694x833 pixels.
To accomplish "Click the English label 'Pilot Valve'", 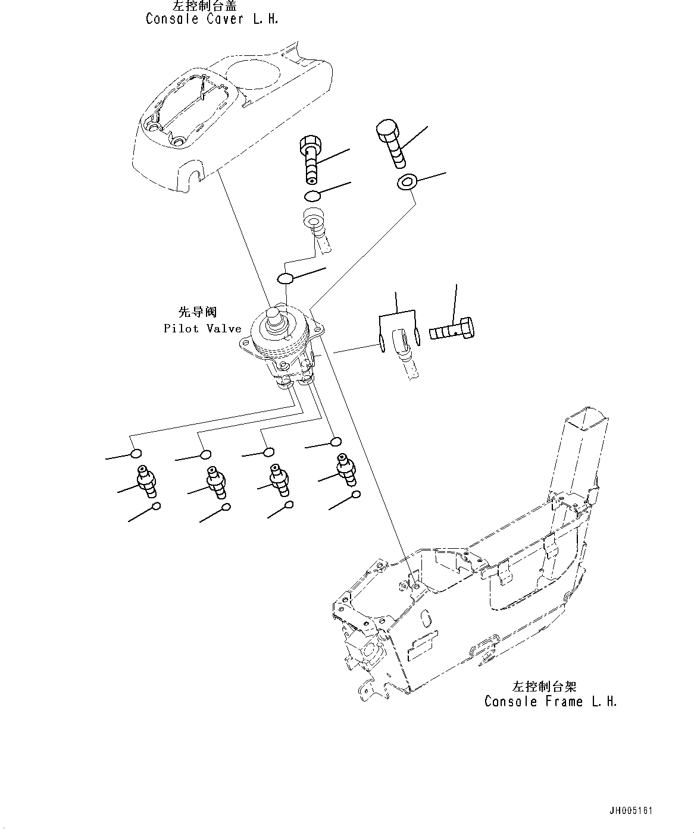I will pos(202,329).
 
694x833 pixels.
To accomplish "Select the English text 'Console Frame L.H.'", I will pos(551,702).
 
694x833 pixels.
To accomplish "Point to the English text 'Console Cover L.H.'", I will pos(212,19).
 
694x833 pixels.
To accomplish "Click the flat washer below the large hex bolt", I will pos(407,183).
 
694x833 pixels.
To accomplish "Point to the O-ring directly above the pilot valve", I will pos(285,278).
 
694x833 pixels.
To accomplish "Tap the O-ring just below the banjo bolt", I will pos(312,196).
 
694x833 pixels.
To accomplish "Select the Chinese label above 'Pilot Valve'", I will pos(198,312).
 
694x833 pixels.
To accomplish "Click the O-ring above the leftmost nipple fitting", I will pos(136,455).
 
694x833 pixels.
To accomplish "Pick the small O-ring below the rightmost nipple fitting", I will pos(355,495).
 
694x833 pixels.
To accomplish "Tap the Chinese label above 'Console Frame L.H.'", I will pos(545,686).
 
